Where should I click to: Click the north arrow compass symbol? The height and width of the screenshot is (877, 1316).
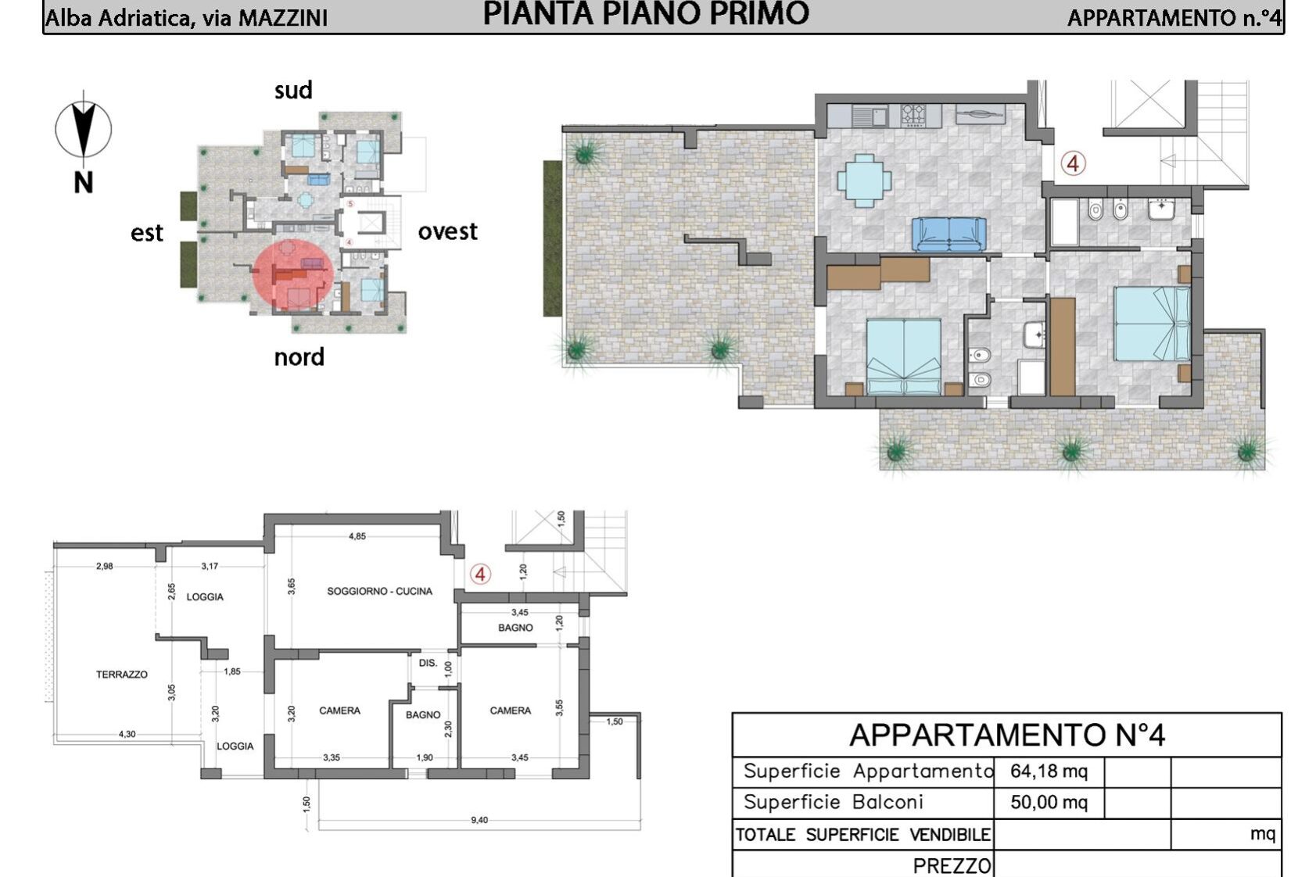[84, 129]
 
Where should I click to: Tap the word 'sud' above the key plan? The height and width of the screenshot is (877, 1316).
[293, 91]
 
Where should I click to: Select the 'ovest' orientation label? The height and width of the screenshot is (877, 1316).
[448, 231]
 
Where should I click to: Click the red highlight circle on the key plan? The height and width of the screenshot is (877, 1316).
[293, 274]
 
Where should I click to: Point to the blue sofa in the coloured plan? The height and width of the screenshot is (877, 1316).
[948, 234]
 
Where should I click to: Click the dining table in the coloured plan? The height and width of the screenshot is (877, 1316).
[864, 181]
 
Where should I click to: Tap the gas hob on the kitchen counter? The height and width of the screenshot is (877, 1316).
[913, 115]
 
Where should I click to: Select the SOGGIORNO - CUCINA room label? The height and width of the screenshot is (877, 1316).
[379, 591]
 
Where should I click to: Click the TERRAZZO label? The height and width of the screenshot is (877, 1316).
[122, 675]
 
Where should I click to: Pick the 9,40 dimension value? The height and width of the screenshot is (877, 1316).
[479, 820]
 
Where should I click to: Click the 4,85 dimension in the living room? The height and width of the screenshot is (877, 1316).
[357, 535]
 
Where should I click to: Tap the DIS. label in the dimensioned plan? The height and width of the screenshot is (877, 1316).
[428, 663]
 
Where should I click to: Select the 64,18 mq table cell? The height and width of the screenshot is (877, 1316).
[1049, 771]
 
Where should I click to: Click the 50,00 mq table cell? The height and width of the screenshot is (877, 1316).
[1049, 803]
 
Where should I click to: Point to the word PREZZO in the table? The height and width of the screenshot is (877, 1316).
[952, 866]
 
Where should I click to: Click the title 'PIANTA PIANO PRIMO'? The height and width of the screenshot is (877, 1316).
[646, 13]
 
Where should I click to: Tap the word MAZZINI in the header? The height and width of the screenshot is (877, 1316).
[283, 18]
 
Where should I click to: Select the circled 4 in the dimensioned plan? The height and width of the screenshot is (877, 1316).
[480, 574]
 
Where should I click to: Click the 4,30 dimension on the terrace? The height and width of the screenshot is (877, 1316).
[127, 734]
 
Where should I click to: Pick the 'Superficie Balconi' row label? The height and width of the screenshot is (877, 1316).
[833, 803]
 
